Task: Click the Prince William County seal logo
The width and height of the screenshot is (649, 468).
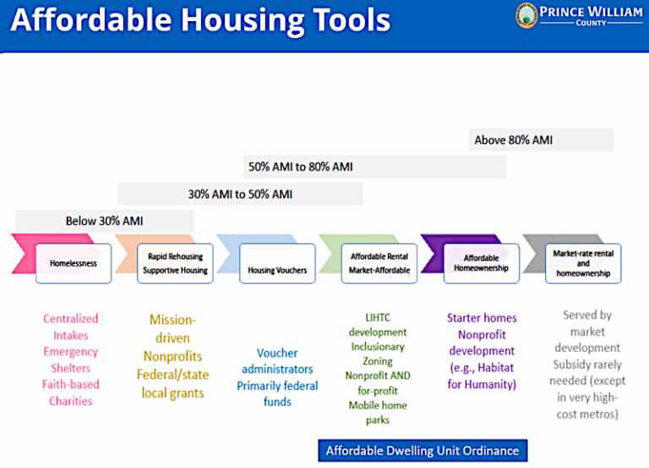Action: point(526,16)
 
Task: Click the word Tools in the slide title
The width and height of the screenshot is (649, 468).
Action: point(352,20)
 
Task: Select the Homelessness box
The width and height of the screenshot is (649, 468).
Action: point(74,263)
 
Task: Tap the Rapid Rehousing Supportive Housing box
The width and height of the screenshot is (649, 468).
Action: point(175,263)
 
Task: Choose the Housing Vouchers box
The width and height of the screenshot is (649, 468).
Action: point(277,263)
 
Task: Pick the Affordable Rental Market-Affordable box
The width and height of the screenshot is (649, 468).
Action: point(379,263)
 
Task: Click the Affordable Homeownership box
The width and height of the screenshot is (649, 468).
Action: point(482,263)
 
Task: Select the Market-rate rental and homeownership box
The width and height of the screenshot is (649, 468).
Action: point(583,263)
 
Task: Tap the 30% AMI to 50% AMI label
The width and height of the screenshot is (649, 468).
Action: point(240,194)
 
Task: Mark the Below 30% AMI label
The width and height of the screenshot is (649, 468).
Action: point(104,221)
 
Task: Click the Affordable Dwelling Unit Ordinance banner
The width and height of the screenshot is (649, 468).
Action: point(423,450)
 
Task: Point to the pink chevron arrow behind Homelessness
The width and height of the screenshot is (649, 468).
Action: point(25,254)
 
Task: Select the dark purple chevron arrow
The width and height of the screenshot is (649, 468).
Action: point(433,254)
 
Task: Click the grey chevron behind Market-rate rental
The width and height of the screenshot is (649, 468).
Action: point(535,254)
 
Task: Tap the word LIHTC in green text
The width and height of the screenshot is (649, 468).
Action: point(378,317)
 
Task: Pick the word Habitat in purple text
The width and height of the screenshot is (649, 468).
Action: point(495,367)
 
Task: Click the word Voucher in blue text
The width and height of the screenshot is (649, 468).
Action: point(277,353)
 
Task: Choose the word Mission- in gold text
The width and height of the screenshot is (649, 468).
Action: point(172,320)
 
